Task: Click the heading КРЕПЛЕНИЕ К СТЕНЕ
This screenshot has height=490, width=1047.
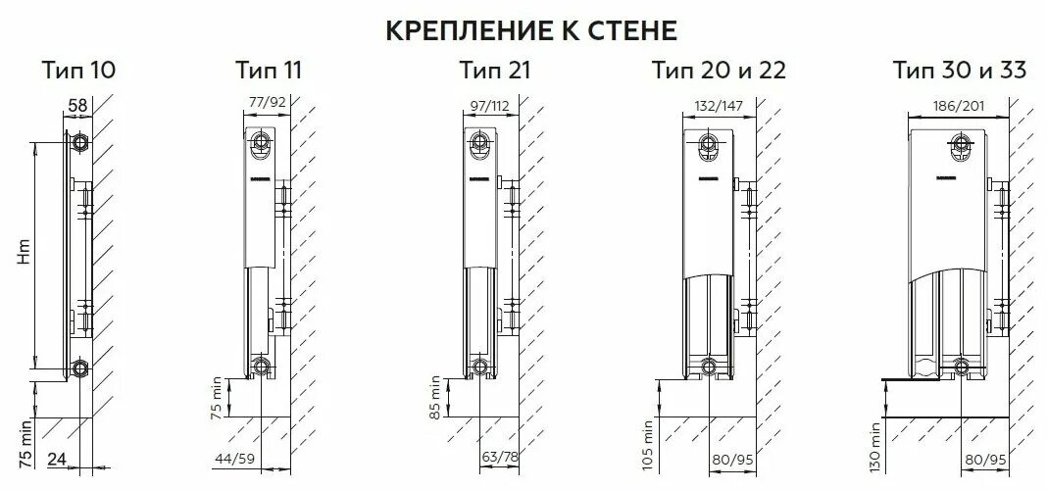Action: [529, 30]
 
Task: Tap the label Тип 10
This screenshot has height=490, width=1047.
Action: [78, 71]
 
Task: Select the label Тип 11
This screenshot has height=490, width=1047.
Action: [269, 71]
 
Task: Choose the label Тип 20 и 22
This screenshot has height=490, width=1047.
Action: [719, 71]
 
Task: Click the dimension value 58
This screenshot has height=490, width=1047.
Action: [78, 104]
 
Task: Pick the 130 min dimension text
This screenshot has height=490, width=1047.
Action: [872, 442]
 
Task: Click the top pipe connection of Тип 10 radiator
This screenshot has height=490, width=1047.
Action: [78, 142]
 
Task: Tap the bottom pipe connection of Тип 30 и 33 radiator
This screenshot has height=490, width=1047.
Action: [962, 368]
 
